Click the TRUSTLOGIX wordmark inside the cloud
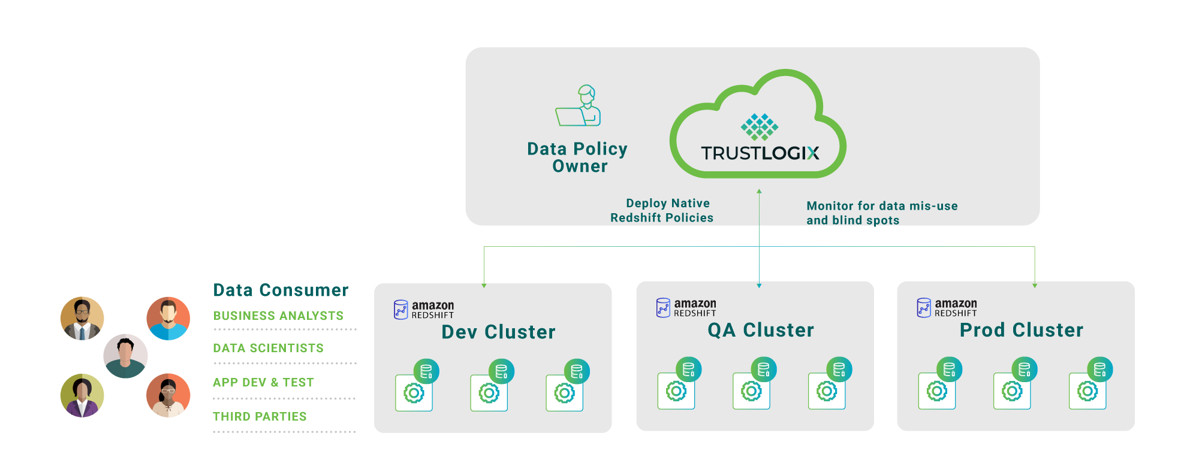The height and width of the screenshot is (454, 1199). pos(760,153)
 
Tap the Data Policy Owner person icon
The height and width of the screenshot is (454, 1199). pos(579,106)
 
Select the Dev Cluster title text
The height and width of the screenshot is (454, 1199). pos(498,332)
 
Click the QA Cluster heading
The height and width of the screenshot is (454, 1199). pos(761,330)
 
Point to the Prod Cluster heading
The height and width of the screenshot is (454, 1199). pos(1022,330)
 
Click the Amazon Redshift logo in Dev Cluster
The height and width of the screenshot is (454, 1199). pos(424,310)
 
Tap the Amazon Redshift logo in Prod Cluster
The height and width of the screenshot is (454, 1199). pos(947,308)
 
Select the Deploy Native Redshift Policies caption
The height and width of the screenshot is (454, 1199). pos(663,211)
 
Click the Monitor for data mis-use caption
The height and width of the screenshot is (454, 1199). pos(881,213)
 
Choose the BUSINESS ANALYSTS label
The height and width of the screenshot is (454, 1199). pos(278,316)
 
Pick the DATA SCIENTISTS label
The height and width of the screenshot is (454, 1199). pos(268,348)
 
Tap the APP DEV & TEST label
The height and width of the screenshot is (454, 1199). pos(263,382)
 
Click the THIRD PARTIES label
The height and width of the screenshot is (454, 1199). pos(260,416)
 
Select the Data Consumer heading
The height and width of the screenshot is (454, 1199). pos(281,290)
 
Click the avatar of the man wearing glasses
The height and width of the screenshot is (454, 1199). pos(82,318)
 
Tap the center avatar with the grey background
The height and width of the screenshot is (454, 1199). pos(125,356)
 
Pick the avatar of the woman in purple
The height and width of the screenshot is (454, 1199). pos(82,395)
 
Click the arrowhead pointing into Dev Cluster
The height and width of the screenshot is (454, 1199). pos(484,286)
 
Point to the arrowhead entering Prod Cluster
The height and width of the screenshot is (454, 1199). pos(1035,285)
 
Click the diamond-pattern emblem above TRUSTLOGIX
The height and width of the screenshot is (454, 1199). pos(759,126)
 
